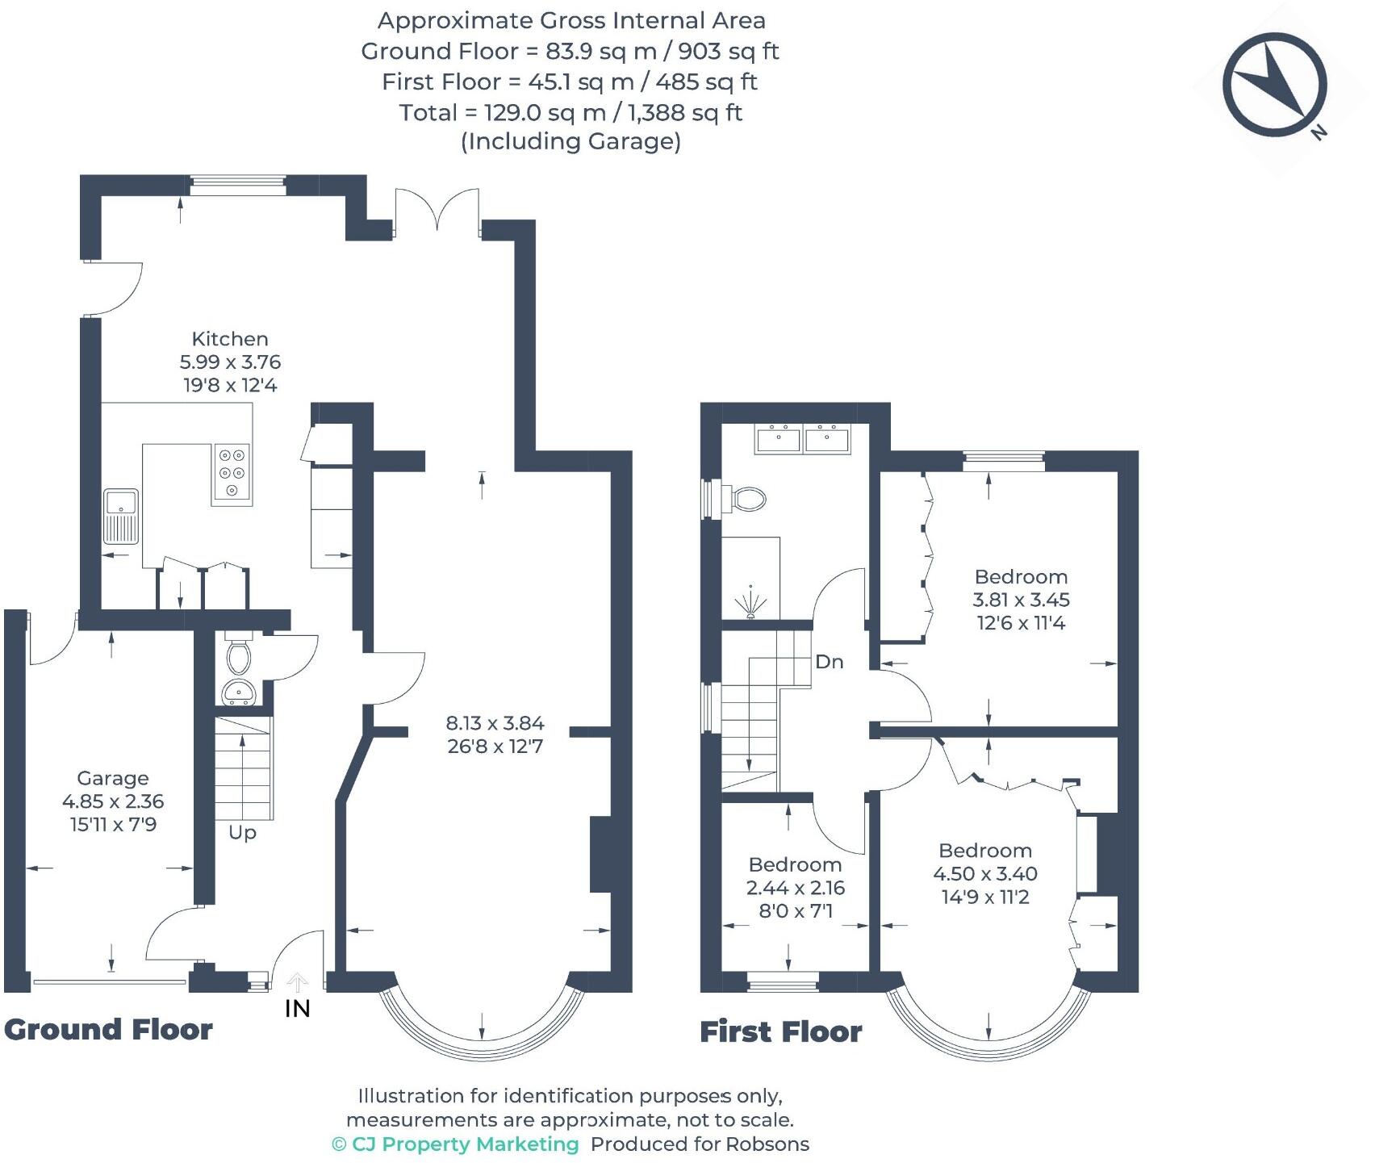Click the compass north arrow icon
click(x=1275, y=85)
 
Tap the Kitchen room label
click(x=230, y=339)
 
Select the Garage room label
click(x=113, y=778)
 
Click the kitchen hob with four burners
click(x=232, y=475)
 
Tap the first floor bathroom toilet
click(x=746, y=499)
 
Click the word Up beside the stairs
click(x=242, y=832)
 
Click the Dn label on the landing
click(x=830, y=662)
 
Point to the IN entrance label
click(x=298, y=1008)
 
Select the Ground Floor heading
click(x=108, y=1030)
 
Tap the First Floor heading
click(x=780, y=1032)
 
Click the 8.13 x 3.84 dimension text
click(x=495, y=723)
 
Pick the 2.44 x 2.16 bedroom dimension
click(x=795, y=888)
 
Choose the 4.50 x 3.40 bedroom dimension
click(x=985, y=873)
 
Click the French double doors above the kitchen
click(x=437, y=211)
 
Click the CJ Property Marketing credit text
click(x=456, y=1144)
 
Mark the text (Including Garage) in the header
click(x=570, y=142)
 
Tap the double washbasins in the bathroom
click(x=803, y=440)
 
